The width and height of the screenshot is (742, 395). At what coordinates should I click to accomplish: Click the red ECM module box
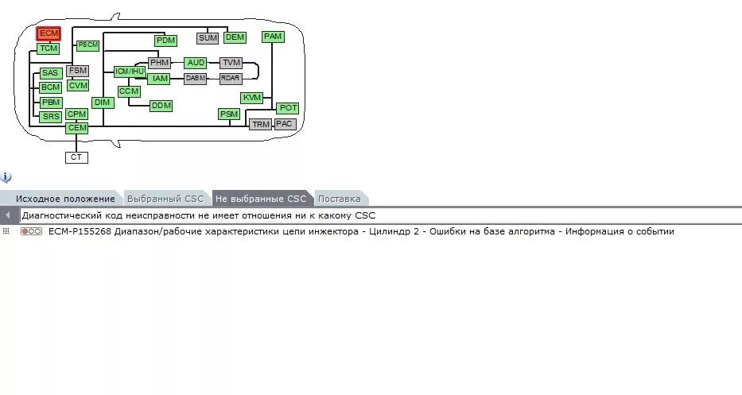(x=49, y=33)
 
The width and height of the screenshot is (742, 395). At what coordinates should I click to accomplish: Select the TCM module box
(x=49, y=48)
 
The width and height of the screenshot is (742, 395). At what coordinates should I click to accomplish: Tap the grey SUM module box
(x=208, y=37)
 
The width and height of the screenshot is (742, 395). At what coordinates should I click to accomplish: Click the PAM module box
(x=273, y=37)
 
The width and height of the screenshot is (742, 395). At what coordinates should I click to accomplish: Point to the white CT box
(x=76, y=157)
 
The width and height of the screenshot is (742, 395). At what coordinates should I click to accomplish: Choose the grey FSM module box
(x=78, y=71)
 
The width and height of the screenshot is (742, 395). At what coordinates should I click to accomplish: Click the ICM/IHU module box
(x=130, y=72)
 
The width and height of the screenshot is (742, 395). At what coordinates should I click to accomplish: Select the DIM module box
(x=103, y=102)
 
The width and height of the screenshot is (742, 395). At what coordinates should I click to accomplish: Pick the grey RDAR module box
(x=231, y=78)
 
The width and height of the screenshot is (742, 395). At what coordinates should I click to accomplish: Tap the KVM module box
(x=252, y=97)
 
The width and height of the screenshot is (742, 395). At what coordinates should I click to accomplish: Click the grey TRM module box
(x=261, y=125)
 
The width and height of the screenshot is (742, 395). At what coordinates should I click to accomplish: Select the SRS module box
(x=51, y=116)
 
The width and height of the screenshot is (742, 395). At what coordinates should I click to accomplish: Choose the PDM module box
(x=165, y=40)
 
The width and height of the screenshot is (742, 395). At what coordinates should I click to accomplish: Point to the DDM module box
(x=161, y=105)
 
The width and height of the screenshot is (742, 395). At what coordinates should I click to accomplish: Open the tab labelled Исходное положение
(x=65, y=199)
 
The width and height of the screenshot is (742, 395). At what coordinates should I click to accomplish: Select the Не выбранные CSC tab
(x=260, y=199)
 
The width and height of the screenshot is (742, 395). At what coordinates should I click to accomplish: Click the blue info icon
(x=6, y=177)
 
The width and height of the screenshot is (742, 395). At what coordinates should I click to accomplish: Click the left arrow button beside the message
(x=7, y=215)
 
